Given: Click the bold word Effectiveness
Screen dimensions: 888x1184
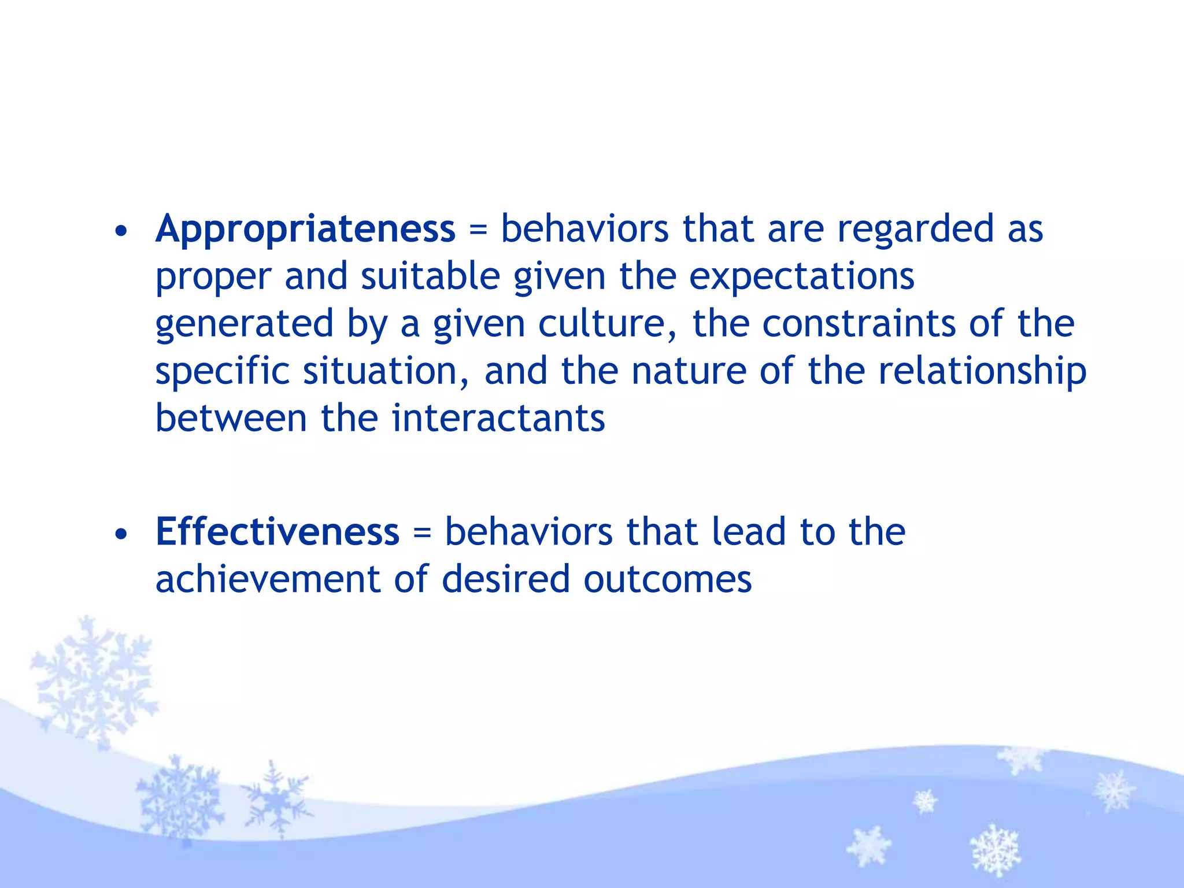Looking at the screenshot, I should (277, 532).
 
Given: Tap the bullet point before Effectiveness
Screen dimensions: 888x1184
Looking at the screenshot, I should (121, 535).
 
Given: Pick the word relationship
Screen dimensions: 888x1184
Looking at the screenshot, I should (982, 372).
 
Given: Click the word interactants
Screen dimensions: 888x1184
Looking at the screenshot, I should (498, 418).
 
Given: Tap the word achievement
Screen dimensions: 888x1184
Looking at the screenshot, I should (268, 579).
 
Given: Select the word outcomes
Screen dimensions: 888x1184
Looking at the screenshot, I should (667, 579).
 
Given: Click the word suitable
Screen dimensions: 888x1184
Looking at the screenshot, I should (430, 276).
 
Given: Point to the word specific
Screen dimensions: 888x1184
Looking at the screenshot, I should (222, 372).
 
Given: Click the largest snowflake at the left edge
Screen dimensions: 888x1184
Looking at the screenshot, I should (92, 682).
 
